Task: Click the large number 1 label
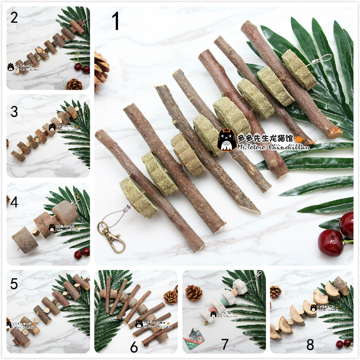[116, 22]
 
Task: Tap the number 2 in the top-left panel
[14, 17]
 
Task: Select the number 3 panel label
[15, 113]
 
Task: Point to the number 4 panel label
[15, 202]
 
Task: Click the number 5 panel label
[14, 284]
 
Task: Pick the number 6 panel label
[134, 347]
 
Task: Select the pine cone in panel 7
[194, 293]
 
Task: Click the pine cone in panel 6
[171, 297]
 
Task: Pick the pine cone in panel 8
[276, 292]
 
